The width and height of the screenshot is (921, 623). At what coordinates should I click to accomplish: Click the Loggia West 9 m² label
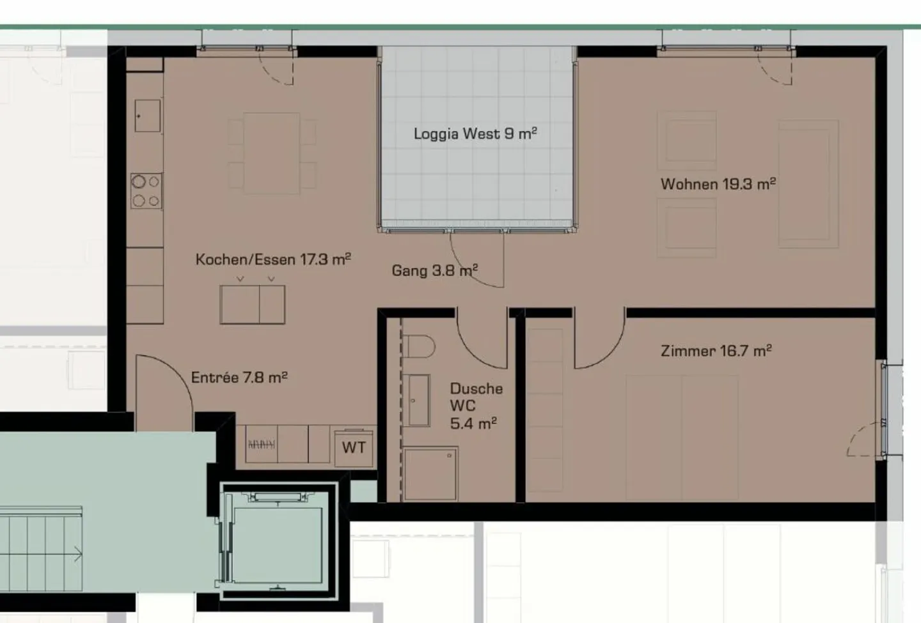click(475, 134)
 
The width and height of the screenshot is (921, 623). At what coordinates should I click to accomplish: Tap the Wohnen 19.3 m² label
click(718, 184)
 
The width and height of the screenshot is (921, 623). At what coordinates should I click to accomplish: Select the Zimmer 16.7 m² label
click(716, 351)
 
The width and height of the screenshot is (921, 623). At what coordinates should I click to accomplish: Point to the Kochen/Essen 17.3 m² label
click(273, 259)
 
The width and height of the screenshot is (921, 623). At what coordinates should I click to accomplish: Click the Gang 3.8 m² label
click(434, 270)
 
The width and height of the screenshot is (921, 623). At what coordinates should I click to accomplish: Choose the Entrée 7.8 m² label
click(239, 378)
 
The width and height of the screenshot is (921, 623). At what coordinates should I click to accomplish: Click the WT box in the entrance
click(354, 447)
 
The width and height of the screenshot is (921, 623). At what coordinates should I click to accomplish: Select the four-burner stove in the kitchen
click(146, 191)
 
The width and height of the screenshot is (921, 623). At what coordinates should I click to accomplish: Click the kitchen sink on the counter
click(147, 116)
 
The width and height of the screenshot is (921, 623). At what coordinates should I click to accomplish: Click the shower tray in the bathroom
click(430, 473)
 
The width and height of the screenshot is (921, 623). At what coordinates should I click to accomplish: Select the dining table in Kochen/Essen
click(272, 153)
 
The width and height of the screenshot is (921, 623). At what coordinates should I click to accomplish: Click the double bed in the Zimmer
click(682, 438)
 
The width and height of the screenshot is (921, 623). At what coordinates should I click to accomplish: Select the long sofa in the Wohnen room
click(808, 184)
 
